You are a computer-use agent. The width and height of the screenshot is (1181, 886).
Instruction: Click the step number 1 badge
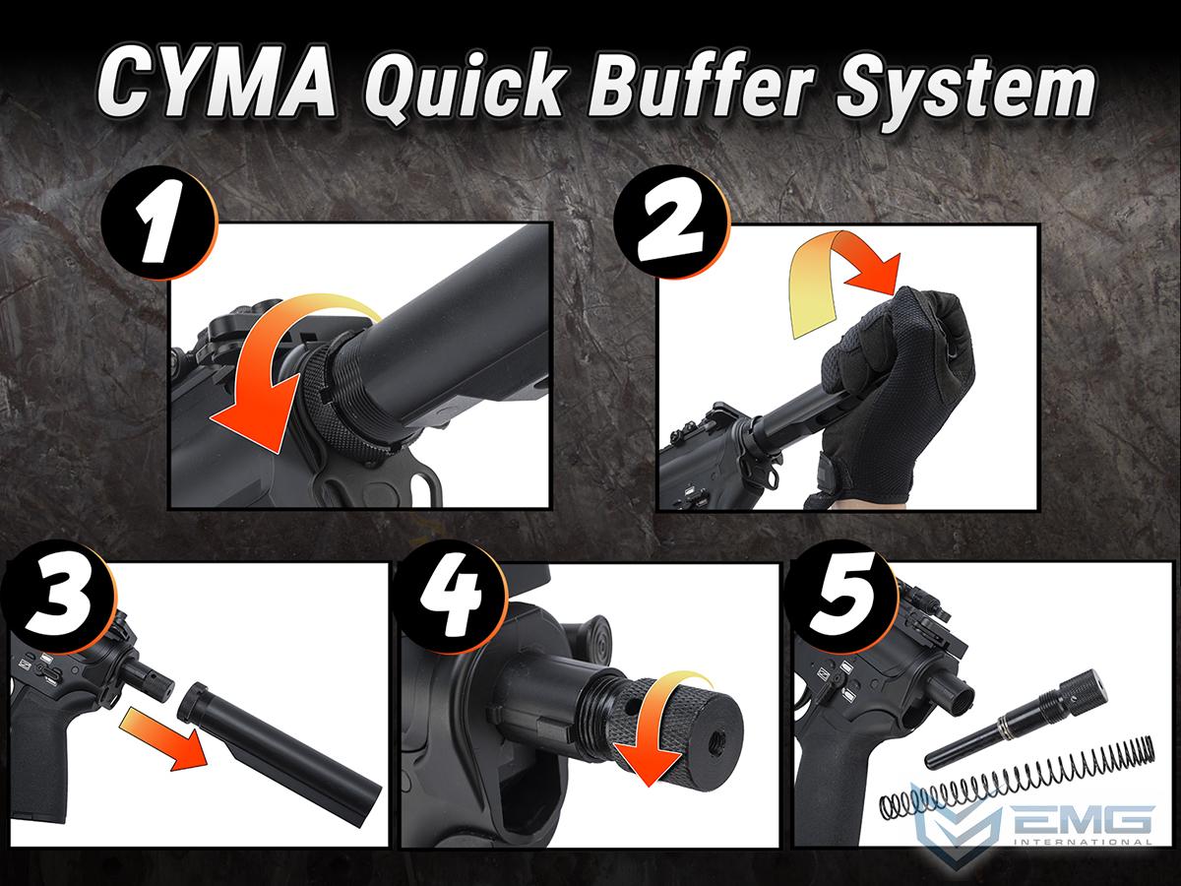click(x=159, y=222)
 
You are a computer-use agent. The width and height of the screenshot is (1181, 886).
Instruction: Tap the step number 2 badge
click(x=672, y=222)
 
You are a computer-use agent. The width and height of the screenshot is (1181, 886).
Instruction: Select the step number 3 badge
click(x=58, y=597)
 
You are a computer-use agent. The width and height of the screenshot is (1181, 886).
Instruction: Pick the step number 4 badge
click(x=450, y=597)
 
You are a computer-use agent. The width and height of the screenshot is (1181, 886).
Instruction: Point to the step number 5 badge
click(x=840, y=597)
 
